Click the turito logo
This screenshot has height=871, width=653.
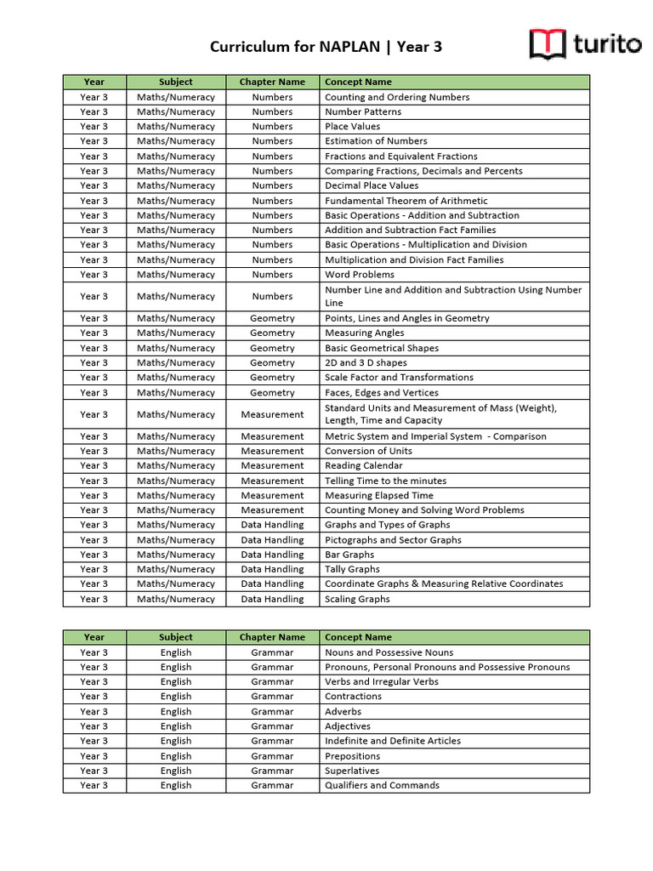click(585, 44)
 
